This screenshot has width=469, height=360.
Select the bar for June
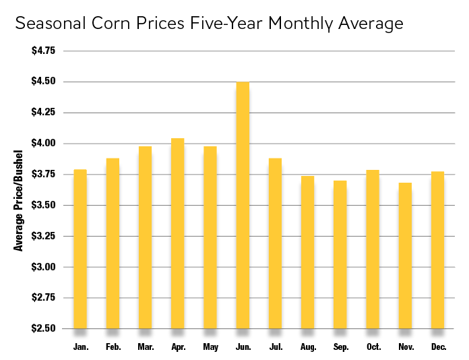(243, 205)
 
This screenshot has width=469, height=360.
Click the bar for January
(80, 249)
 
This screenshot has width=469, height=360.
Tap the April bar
(178, 233)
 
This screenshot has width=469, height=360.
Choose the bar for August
(307, 252)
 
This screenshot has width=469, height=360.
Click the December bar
(437, 250)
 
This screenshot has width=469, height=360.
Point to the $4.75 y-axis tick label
(44, 51)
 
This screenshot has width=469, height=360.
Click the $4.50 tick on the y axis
(44, 82)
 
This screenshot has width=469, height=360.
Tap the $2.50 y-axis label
(44, 329)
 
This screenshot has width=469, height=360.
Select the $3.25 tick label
(44, 237)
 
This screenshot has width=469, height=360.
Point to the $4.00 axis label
(44, 144)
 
